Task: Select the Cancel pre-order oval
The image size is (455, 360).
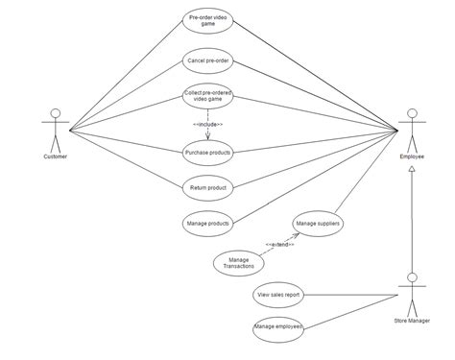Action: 208,60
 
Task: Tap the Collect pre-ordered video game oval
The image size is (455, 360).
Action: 208,98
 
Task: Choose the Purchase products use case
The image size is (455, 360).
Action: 208,152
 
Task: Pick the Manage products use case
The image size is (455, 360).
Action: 208,223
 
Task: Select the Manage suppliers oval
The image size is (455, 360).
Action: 319,224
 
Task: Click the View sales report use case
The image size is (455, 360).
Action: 278,296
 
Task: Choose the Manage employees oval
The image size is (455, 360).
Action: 278,328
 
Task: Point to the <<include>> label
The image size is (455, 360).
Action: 207,124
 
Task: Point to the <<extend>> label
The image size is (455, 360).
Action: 280,244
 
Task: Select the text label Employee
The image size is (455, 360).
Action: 413,156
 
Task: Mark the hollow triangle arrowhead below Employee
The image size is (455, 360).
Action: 413,168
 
